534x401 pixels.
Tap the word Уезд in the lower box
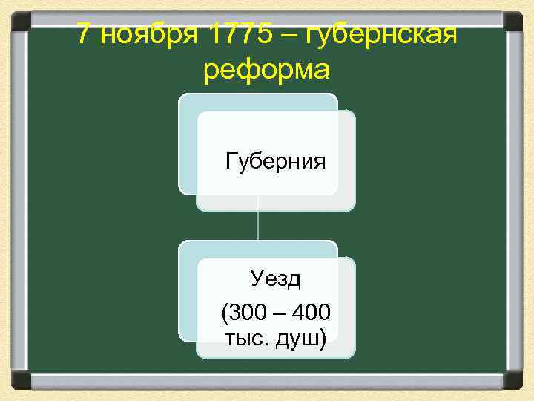[275, 279]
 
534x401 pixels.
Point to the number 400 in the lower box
[311, 313]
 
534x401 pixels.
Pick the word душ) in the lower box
[300, 339]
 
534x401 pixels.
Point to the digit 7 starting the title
[85, 35]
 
